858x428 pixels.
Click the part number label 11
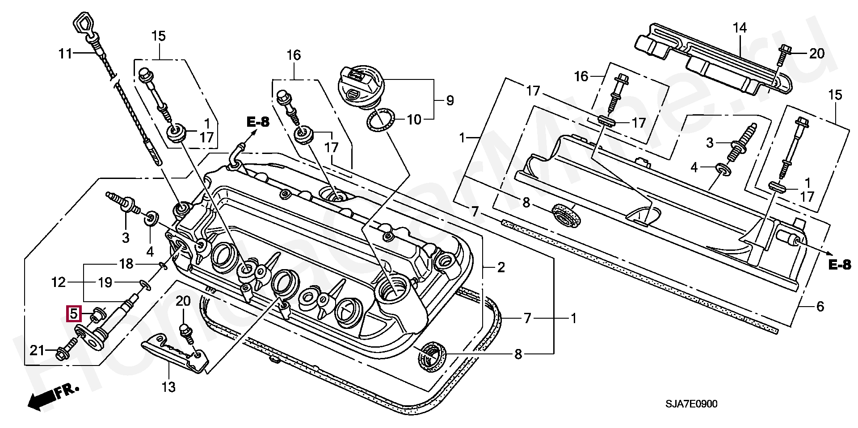click(x=65, y=54)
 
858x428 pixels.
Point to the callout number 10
click(x=414, y=120)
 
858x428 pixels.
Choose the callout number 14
click(x=740, y=28)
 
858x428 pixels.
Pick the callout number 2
click(x=501, y=268)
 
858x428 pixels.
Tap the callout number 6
click(x=820, y=307)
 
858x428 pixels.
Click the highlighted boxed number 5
click(x=74, y=314)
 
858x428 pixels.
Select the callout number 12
click(x=59, y=282)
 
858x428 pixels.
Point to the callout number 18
click(x=126, y=264)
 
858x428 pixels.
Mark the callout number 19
click(x=105, y=282)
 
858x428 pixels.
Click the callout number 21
click(x=37, y=350)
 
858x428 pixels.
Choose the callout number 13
click(x=168, y=386)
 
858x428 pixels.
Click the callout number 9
click(x=450, y=100)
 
